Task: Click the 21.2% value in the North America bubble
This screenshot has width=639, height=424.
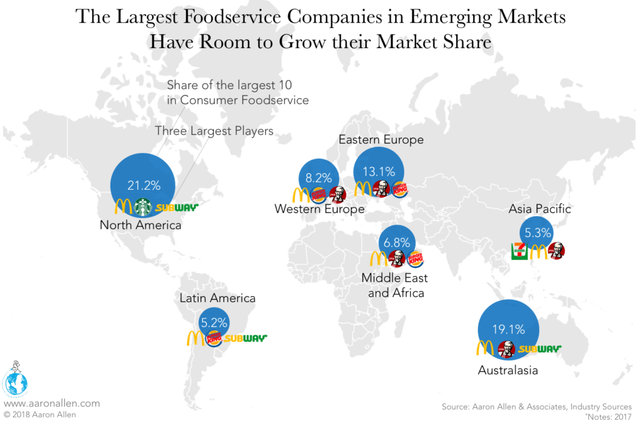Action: tap(144, 185)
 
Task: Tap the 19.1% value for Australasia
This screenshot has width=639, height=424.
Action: tap(507, 330)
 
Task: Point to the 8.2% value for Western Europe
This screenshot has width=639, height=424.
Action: tap(319, 177)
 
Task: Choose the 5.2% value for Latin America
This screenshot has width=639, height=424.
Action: tap(214, 323)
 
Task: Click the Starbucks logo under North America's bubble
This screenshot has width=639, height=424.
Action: tap(144, 207)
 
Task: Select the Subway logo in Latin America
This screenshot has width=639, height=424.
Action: tap(246, 338)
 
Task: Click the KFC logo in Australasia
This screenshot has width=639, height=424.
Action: tap(506, 349)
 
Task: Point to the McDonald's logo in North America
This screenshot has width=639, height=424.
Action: tap(124, 207)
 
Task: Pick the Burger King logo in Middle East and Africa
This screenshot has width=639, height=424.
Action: tap(416, 259)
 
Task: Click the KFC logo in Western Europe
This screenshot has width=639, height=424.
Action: tap(337, 195)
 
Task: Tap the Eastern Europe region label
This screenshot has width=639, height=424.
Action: tap(381, 140)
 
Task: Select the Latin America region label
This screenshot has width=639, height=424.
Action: tap(217, 298)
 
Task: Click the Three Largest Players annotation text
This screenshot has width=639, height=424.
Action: tap(214, 131)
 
